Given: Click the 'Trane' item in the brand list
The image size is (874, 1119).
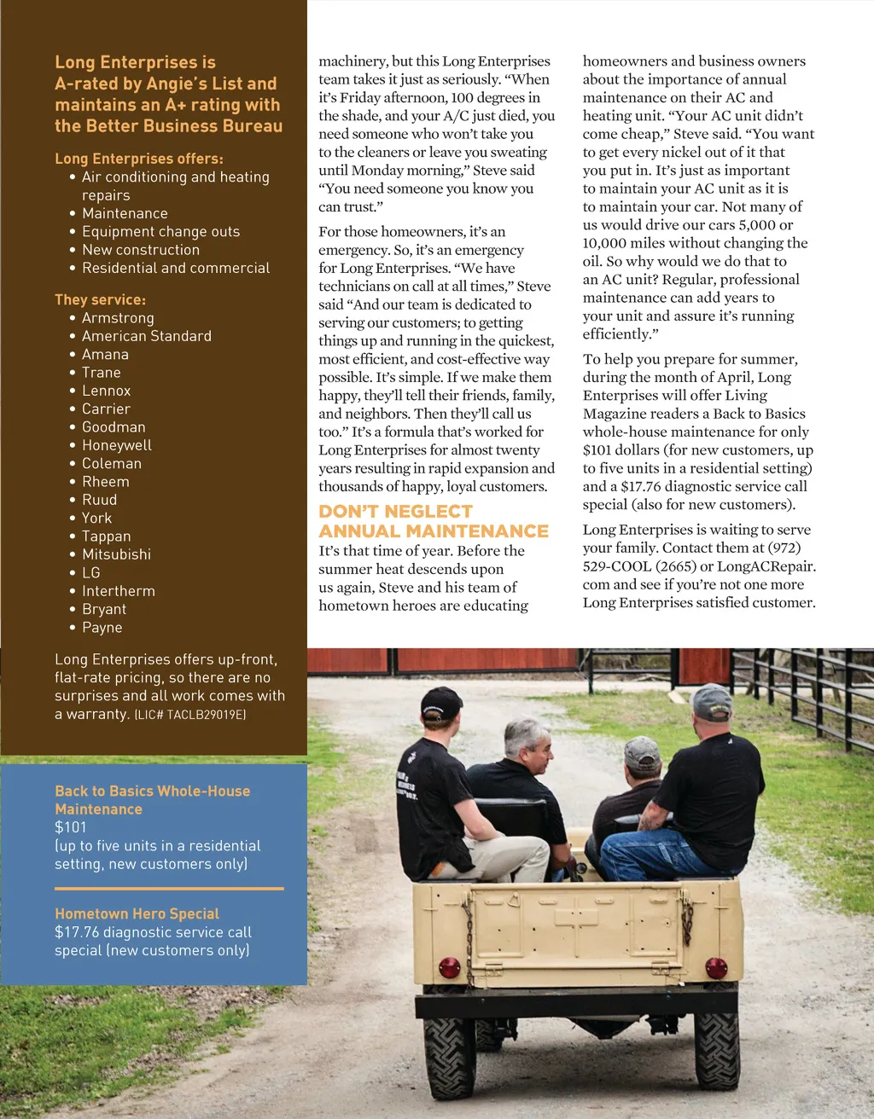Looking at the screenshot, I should (x=101, y=373).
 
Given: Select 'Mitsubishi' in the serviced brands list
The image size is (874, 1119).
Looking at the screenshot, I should (x=116, y=554).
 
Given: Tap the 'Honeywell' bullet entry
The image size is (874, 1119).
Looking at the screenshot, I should (x=116, y=445).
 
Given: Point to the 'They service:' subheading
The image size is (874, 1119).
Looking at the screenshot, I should (x=100, y=300).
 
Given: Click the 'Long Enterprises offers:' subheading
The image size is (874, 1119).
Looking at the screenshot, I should (x=139, y=159).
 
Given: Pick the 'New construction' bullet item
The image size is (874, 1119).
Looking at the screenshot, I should (x=140, y=250).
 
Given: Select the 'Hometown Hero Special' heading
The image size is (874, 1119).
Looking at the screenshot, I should (x=137, y=913).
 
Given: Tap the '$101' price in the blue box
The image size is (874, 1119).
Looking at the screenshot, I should (x=71, y=827).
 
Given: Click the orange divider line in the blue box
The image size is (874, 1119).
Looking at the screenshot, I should (x=169, y=889).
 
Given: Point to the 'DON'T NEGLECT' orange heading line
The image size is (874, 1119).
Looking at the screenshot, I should (x=395, y=512).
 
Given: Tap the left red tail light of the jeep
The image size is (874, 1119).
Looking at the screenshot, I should (x=449, y=968).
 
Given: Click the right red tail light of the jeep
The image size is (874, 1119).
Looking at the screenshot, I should (x=716, y=968).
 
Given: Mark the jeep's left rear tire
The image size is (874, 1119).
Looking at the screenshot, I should (x=449, y=1056).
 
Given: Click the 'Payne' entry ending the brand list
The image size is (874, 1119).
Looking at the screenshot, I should (x=102, y=628).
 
